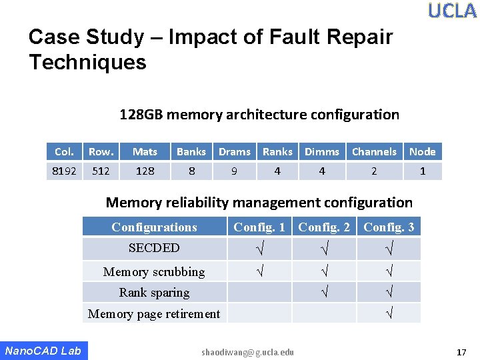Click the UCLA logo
point(452,11)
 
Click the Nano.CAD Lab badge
point(43,351)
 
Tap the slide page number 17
point(461,351)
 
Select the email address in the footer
point(247,351)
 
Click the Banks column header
point(191,152)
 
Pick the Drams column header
point(235,152)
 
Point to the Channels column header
point(373,152)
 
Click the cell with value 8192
point(64,171)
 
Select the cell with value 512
point(101,171)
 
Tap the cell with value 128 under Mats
point(145,171)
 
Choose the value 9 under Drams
point(234,171)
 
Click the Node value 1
point(422,171)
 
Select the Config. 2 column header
point(324,227)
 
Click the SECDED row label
point(154,248)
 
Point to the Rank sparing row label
point(154,293)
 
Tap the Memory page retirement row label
point(154,314)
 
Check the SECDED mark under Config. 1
point(259,249)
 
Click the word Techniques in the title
point(87,63)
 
